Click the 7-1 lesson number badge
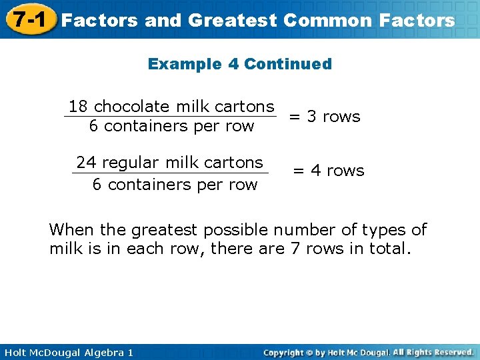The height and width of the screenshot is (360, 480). [x=28, y=19]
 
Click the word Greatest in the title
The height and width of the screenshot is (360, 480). [x=232, y=21]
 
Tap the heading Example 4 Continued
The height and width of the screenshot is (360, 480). [x=239, y=64]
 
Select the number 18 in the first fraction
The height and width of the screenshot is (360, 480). [x=79, y=107]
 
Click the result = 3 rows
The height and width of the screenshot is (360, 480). [x=324, y=117]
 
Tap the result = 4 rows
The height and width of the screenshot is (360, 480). [x=329, y=171]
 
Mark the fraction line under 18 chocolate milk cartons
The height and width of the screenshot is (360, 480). [x=170, y=117]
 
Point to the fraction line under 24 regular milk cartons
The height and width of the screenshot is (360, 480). [x=170, y=173]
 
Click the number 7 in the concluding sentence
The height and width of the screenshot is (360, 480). [x=295, y=249]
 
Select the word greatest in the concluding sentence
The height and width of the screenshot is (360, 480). [x=165, y=231]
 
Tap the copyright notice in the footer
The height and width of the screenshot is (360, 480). [x=368, y=352]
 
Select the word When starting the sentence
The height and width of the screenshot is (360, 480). [x=71, y=230]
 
